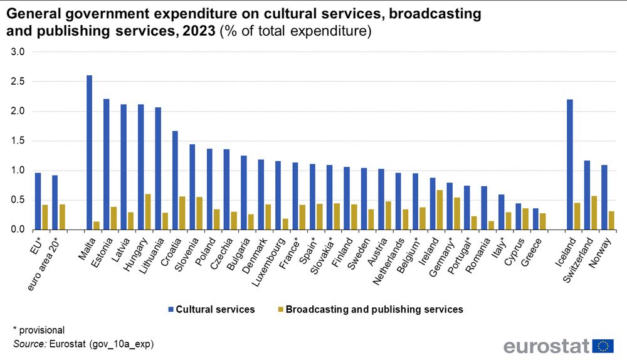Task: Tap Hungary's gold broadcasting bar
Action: pos(148,212)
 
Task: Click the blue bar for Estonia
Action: pos(106,164)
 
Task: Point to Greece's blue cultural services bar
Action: pos(535,219)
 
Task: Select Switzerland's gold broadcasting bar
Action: pos(594,213)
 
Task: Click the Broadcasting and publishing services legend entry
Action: pos(374,309)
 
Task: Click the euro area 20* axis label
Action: pos(45,260)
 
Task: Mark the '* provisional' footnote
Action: pos(38,330)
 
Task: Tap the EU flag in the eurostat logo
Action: pos(604,346)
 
